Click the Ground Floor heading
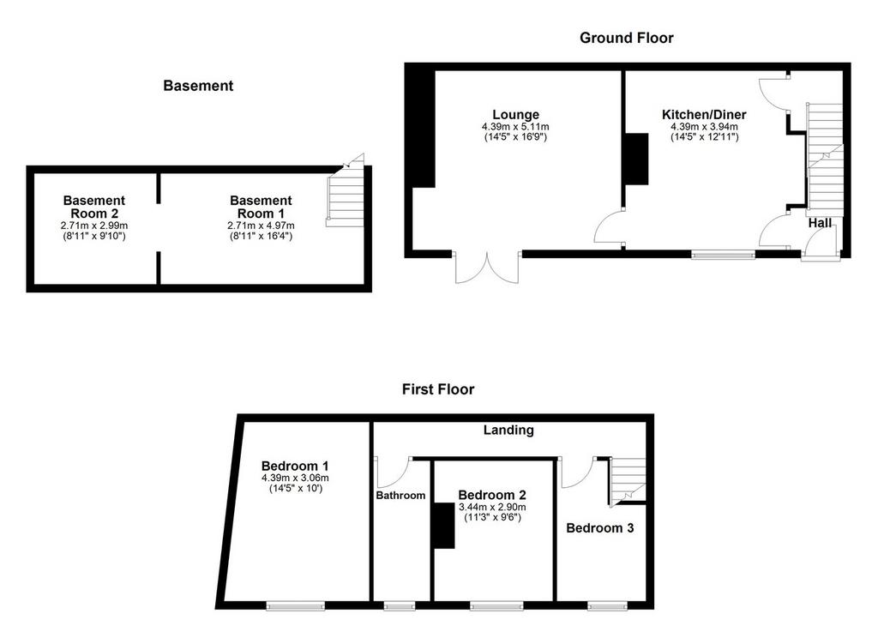(626, 38)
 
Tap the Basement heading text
(198, 86)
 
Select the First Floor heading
(438, 389)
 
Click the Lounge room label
(515, 116)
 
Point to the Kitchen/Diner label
(704, 115)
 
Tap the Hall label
(820, 223)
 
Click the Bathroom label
(400, 495)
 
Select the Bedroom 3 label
(599, 528)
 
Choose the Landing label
(508, 430)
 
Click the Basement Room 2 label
(94, 207)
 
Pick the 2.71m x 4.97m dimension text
(261, 226)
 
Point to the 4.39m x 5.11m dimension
(515, 127)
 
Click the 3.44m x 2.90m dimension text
(492, 507)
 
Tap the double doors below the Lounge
(487, 268)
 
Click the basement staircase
(345, 197)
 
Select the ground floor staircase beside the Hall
(824, 159)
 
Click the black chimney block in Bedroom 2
(443, 526)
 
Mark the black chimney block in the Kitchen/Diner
(637, 159)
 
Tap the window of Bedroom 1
(296, 605)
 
